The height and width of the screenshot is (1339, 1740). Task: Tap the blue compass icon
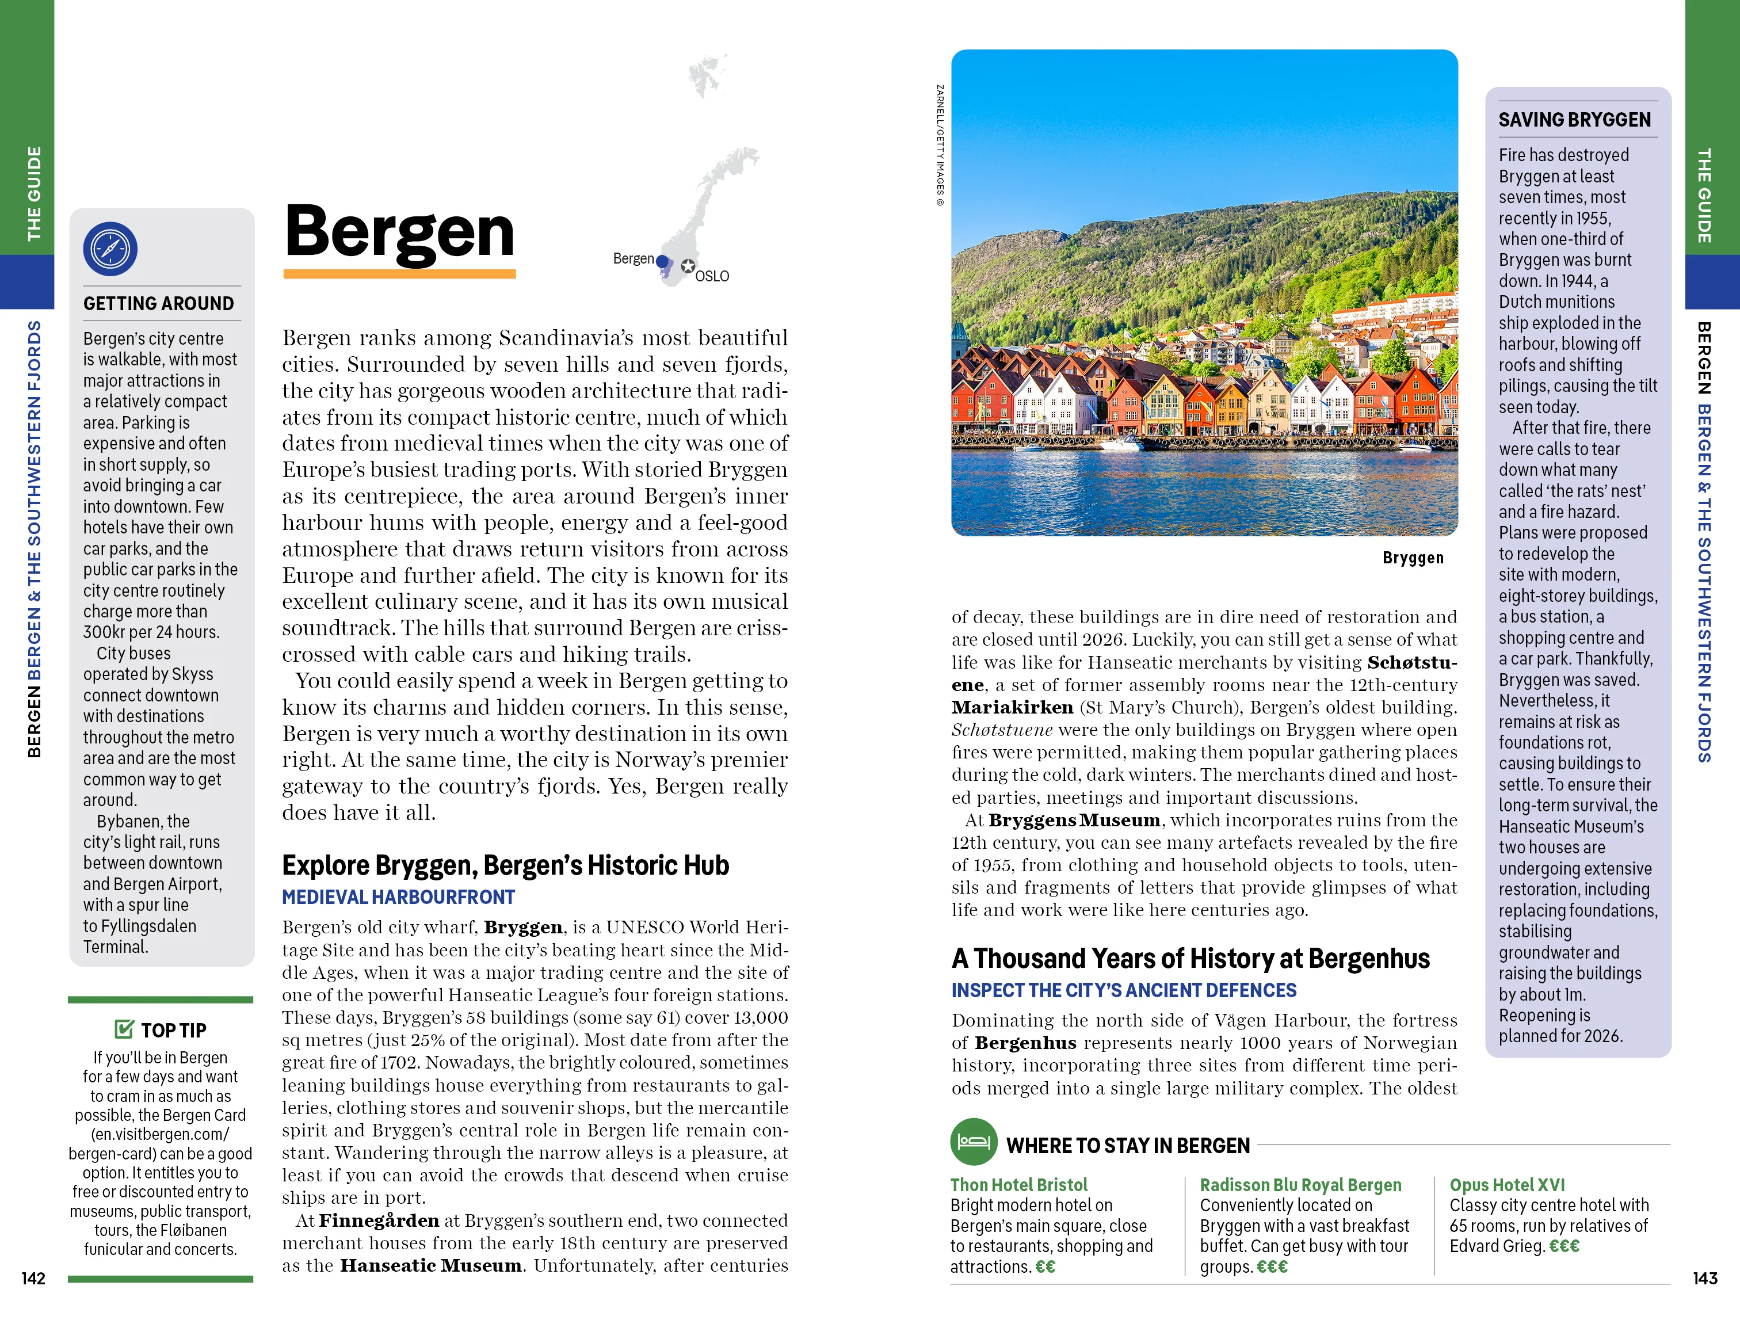point(110,249)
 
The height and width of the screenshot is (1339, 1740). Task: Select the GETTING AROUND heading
point(159,303)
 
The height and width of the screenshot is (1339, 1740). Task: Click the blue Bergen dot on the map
point(661,261)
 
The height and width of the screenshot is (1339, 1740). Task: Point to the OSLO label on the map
point(711,276)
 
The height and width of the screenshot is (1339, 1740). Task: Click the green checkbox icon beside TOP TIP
point(124,1029)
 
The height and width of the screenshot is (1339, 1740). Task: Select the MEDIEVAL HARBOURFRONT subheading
point(398,898)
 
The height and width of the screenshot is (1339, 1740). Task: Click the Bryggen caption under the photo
point(1413,558)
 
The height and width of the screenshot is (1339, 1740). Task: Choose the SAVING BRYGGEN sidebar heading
point(1574,120)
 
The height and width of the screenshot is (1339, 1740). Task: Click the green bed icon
point(974,1142)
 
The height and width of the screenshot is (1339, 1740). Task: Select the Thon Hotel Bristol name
point(1018,1184)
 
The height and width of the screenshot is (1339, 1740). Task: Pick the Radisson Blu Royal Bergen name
point(1300,1184)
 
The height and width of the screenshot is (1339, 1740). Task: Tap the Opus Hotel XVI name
point(1506,1184)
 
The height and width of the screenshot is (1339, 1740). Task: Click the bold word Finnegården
point(379,1220)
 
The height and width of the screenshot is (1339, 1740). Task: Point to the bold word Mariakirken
point(1012,707)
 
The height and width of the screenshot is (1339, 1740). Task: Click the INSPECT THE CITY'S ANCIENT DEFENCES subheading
point(1123,990)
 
